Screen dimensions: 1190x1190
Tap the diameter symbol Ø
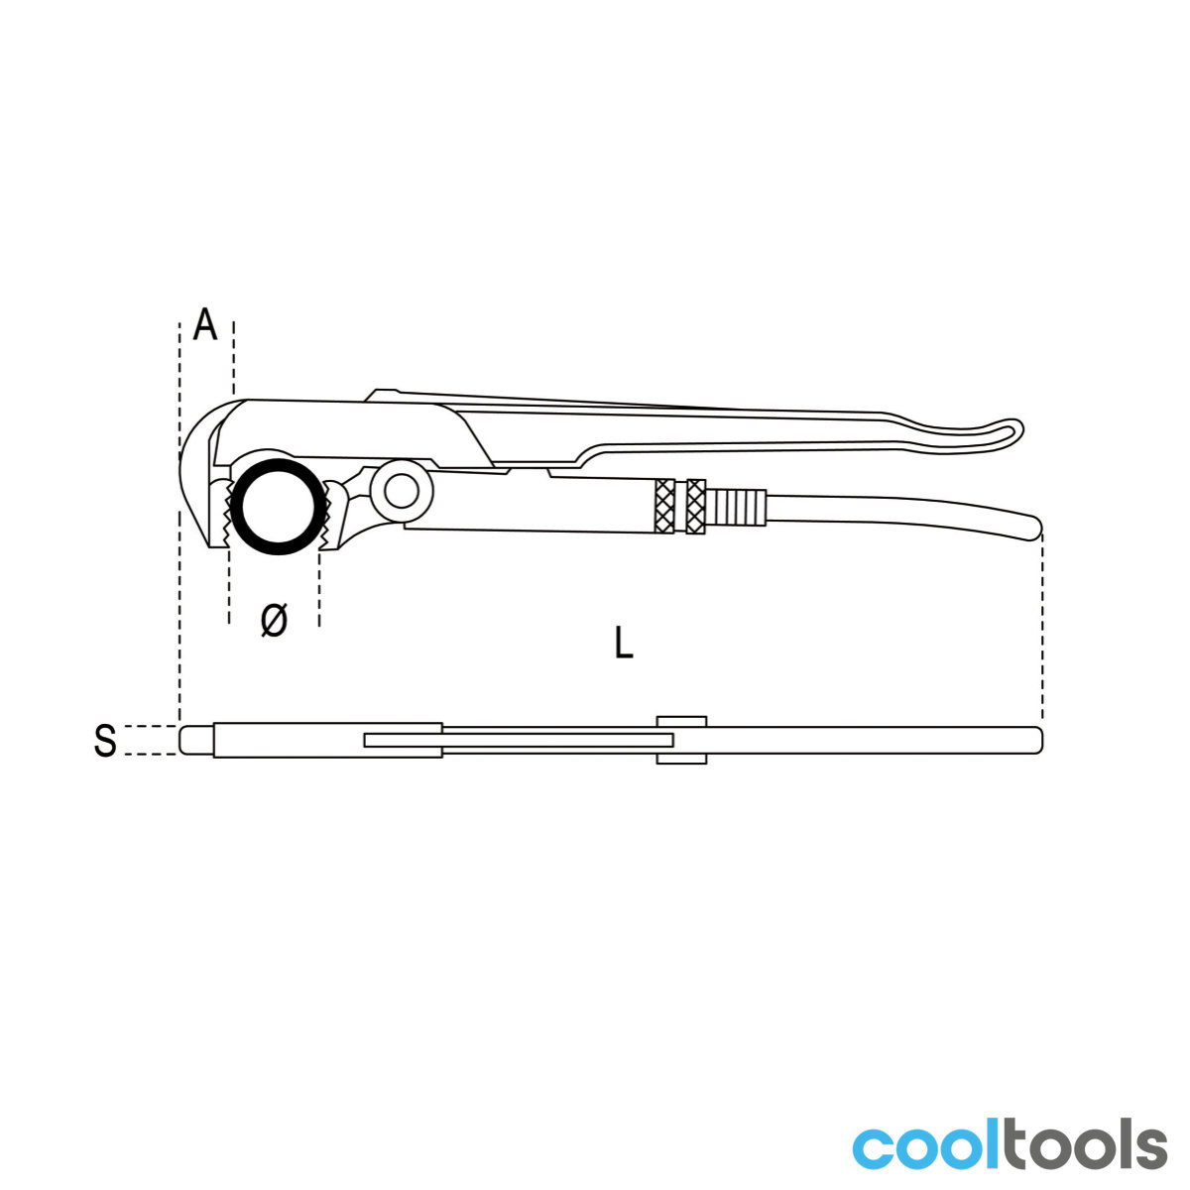(x=274, y=620)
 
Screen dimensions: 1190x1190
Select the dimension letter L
(x=624, y=642)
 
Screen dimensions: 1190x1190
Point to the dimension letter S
(x=105, y=741)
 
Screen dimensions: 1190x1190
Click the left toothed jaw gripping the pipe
(x=221, y=514)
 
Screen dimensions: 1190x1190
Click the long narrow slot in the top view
(x=519, y=741)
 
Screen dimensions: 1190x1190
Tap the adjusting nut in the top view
(x=681, y=741)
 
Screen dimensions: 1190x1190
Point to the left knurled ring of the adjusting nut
(x=664, y=507)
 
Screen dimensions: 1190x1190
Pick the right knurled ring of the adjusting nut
(x=696, y=507)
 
